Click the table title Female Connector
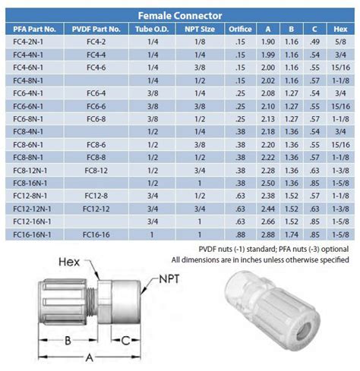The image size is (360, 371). click(x=179, y=14)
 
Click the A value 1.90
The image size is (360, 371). click(x=267, y=43)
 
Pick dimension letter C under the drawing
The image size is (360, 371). click(x=125, y=341)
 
